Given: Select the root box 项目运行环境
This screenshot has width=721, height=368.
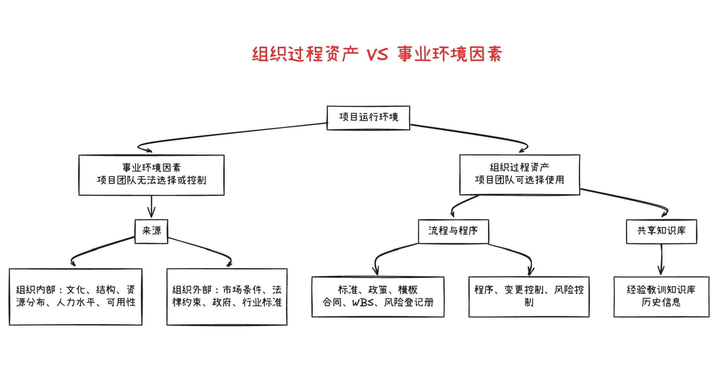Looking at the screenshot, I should [368, 118].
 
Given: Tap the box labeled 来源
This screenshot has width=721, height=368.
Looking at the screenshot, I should [151, 231].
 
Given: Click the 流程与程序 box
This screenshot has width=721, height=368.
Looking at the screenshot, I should [453, 231].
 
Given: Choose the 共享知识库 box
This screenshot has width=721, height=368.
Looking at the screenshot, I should [661, 231].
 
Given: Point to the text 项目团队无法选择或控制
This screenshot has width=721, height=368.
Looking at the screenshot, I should [151, 180].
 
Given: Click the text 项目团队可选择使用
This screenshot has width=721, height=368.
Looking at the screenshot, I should [520, 180].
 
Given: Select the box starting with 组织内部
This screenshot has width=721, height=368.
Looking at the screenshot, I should [76, 296].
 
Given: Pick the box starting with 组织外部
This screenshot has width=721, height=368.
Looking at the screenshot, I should [227, 296].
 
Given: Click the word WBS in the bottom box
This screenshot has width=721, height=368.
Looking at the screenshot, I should [363, 303].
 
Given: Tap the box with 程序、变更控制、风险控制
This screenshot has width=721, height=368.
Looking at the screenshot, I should [529, 296].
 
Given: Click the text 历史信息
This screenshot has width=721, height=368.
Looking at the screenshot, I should [661, 303].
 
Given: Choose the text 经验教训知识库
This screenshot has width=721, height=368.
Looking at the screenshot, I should [661, 290].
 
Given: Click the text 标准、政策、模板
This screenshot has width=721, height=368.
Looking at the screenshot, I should [378, 290].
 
